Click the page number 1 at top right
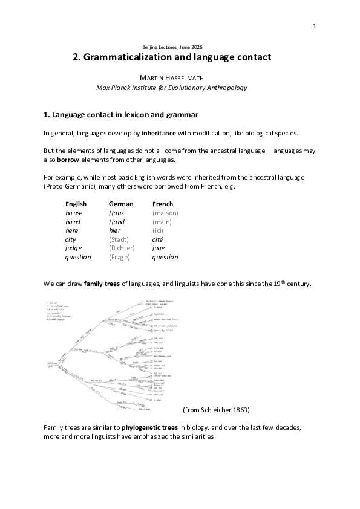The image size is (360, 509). click(315, 26)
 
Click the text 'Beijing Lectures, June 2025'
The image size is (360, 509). click(172, 47)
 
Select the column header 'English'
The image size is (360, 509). click(76, 204)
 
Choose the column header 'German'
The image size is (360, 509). click(120, 204)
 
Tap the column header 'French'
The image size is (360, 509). click(163, 204)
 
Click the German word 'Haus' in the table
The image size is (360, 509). click(116, 213)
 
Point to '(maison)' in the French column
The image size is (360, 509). click(165, 213)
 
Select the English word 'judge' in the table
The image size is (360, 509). click(73, 248)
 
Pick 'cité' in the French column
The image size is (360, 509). click(159, 239)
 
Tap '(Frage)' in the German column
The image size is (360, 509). click(119, 257)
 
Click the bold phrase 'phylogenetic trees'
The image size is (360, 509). click(148, 427)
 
